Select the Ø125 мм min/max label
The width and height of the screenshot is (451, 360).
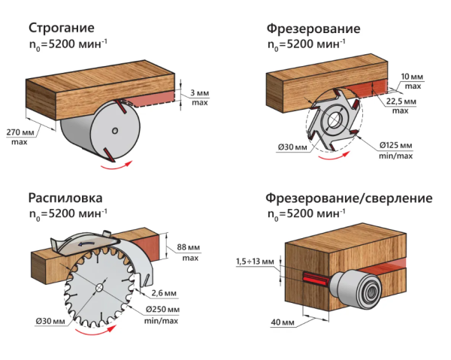click(395, 150)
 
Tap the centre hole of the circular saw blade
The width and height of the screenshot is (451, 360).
click(100, 289)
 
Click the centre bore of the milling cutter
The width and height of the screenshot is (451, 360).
click(334, 123)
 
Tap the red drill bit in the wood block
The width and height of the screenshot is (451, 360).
click(311, 277)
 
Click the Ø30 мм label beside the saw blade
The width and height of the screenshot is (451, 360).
click(48, 322)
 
